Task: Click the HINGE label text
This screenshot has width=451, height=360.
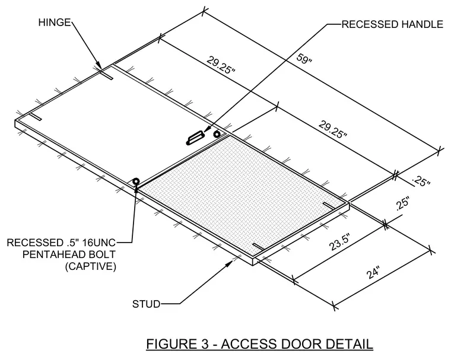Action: tap(55, 22)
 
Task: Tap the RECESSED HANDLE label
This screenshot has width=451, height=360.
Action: tap(392, 24)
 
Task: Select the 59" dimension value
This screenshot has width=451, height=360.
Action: tap(304, 59)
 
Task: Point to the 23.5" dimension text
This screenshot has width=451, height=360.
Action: tap(340, 243)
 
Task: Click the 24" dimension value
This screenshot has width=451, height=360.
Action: tap(374, 272)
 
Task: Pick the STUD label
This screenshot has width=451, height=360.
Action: tap(146, 304)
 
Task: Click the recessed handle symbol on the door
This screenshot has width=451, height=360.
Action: tap(195, 138)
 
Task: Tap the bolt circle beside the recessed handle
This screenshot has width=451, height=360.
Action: tap(217, 134)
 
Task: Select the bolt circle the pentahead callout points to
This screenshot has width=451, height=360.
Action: tap(135, 181)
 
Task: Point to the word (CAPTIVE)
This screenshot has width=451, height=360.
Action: tap(91, 266)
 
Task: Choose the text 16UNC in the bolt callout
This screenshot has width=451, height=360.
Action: tap(99, 243)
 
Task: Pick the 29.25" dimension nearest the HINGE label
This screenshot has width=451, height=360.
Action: tap(221, 66)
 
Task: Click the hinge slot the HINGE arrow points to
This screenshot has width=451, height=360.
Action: tap(107, 75)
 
